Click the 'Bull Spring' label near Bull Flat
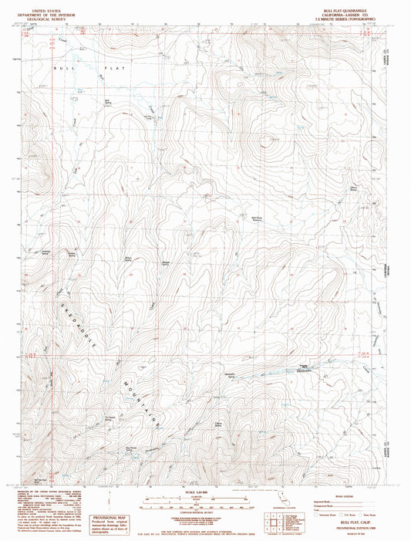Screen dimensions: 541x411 pos(108,100)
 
